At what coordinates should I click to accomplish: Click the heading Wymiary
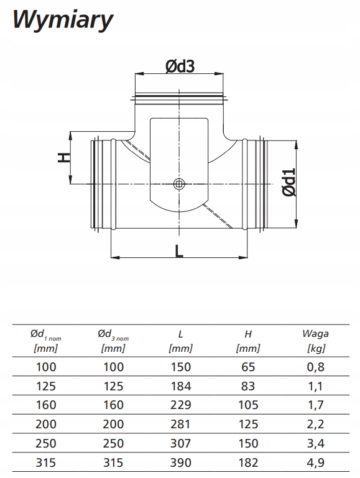pos(63,21)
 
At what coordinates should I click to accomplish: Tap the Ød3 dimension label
pos(180,66)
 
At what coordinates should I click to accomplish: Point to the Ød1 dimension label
pos(289,182)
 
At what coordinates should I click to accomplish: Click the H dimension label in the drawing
pos(64,158)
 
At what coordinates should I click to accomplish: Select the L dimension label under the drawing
pos(179,251)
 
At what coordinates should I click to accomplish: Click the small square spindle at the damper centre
pos(179,184)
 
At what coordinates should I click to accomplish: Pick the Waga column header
pos(315,341)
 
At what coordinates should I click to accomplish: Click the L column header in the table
pos(180,341)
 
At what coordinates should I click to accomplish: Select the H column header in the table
pos(248,341)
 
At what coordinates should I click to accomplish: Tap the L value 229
pos(181,405)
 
